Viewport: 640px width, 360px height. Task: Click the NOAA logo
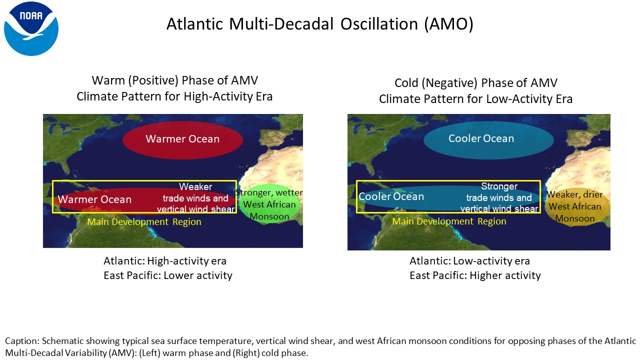coord(31,28)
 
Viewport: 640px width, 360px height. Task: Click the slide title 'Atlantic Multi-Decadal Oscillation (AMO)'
coord(320,24)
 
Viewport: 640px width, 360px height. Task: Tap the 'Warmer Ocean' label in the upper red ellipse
coord(182,139)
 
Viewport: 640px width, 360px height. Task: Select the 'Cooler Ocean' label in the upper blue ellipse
coord(481,138)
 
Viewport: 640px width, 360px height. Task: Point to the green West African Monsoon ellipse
coord(269,203)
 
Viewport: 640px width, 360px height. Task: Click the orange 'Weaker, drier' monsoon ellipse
coord(575,207)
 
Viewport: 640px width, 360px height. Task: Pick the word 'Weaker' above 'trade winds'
coord(195,187)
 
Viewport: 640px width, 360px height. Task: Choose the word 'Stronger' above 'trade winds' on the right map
coord(499,186)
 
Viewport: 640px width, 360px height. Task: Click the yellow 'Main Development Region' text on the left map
coord(144,221)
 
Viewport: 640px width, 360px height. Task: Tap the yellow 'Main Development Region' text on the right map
coord(449,221)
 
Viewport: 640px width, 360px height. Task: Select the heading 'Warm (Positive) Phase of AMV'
coord(175,80)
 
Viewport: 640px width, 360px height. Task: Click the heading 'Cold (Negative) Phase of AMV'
coord(476,83)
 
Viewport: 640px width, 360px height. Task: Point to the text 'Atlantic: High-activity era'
coord(165,261)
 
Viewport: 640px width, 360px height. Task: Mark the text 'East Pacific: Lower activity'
coord(168,275)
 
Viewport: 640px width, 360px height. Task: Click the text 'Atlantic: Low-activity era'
coord(469,261)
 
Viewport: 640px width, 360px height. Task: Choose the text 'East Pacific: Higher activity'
coord(475,275)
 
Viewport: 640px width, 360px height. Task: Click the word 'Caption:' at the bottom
coord(22,341)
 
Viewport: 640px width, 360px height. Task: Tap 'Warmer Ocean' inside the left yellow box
coord(94,199)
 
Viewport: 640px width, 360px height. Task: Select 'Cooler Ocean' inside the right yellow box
coord(391,196)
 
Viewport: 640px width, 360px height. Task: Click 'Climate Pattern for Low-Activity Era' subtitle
coord(475,99)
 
